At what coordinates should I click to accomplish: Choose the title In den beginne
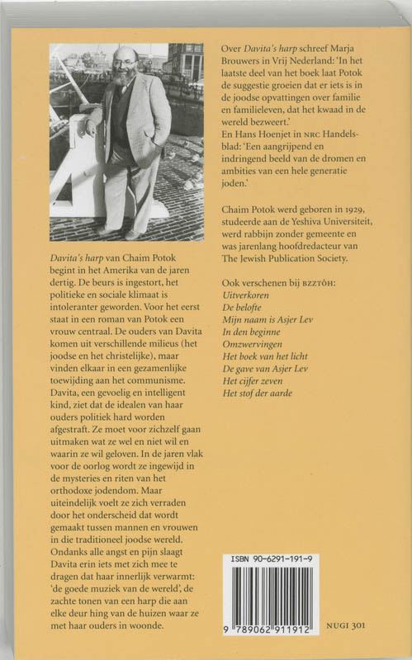point(253,334)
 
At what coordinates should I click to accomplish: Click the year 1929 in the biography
point(345,221)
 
